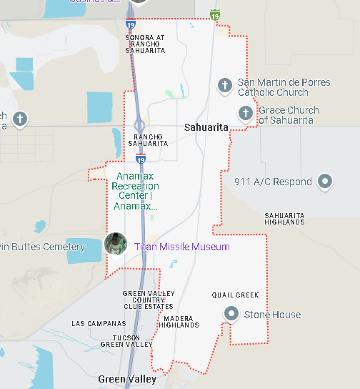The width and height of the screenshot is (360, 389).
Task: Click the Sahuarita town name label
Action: (206, 127)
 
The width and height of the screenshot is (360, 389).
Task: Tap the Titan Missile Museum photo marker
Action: (116, 244)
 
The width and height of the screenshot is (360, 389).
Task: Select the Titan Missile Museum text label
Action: (182, 247)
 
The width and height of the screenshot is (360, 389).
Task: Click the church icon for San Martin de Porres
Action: (224, 85)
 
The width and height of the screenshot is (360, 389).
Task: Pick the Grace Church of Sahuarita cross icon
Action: (246, 113)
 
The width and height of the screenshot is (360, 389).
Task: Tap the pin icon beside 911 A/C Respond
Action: (326, 181)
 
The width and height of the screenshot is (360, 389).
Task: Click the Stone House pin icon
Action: (231, 313)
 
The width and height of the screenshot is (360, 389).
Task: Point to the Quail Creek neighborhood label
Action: (235, 295)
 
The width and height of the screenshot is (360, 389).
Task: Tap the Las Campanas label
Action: (99, 324)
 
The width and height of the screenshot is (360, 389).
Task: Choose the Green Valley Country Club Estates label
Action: (148, 300)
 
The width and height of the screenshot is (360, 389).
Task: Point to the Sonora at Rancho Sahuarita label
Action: (145, 44)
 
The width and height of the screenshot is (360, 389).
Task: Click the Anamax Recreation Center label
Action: (135, 191)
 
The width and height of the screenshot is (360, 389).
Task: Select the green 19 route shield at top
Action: (215, 14)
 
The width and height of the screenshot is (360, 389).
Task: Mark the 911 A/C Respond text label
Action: (273, 182)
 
